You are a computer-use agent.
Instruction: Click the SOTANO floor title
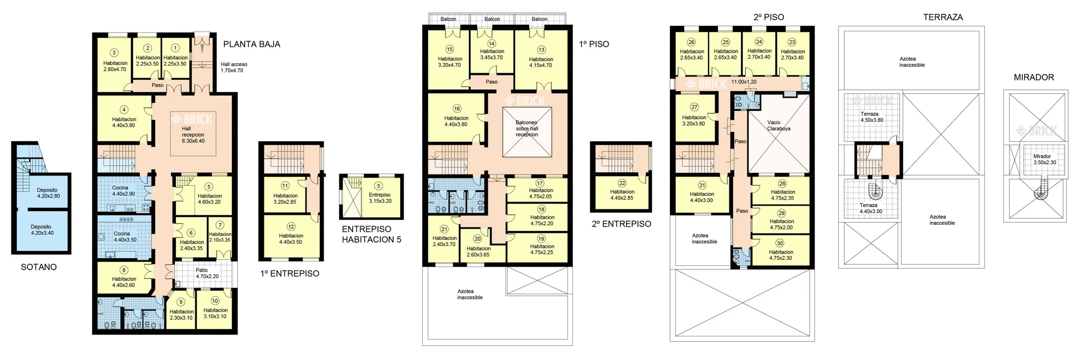(x=39, y=267)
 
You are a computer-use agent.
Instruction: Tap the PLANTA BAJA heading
(x=252, y=44)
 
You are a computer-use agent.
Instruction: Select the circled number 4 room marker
(x=124, y=109)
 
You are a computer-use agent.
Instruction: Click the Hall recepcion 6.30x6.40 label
(x=193, y=135)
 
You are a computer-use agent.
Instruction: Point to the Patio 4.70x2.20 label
(x=207, y=273)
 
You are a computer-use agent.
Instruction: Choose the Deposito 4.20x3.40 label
(x=42, y=230)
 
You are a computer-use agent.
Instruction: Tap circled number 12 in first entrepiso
(x=291, y=227)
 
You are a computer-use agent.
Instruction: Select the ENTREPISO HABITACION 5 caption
(x=371, y=234)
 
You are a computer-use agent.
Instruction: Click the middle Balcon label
(x=492, y=19)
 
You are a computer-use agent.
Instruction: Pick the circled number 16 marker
(x=457, y=109)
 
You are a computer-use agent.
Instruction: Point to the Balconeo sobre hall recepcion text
(x=527, y=129)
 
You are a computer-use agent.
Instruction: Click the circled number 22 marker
(x=622, y=183)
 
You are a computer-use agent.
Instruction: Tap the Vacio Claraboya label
(x=779, y=126)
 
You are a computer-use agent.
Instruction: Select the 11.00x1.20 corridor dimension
(x=744, y=82)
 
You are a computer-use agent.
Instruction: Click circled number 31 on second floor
(x=702, y=185)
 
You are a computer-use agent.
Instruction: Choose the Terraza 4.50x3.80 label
(x=872, y=117)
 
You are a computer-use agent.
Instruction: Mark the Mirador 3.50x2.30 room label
(x=1045, y=159)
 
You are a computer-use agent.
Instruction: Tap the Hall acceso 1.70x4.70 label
(x=233, y=67)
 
